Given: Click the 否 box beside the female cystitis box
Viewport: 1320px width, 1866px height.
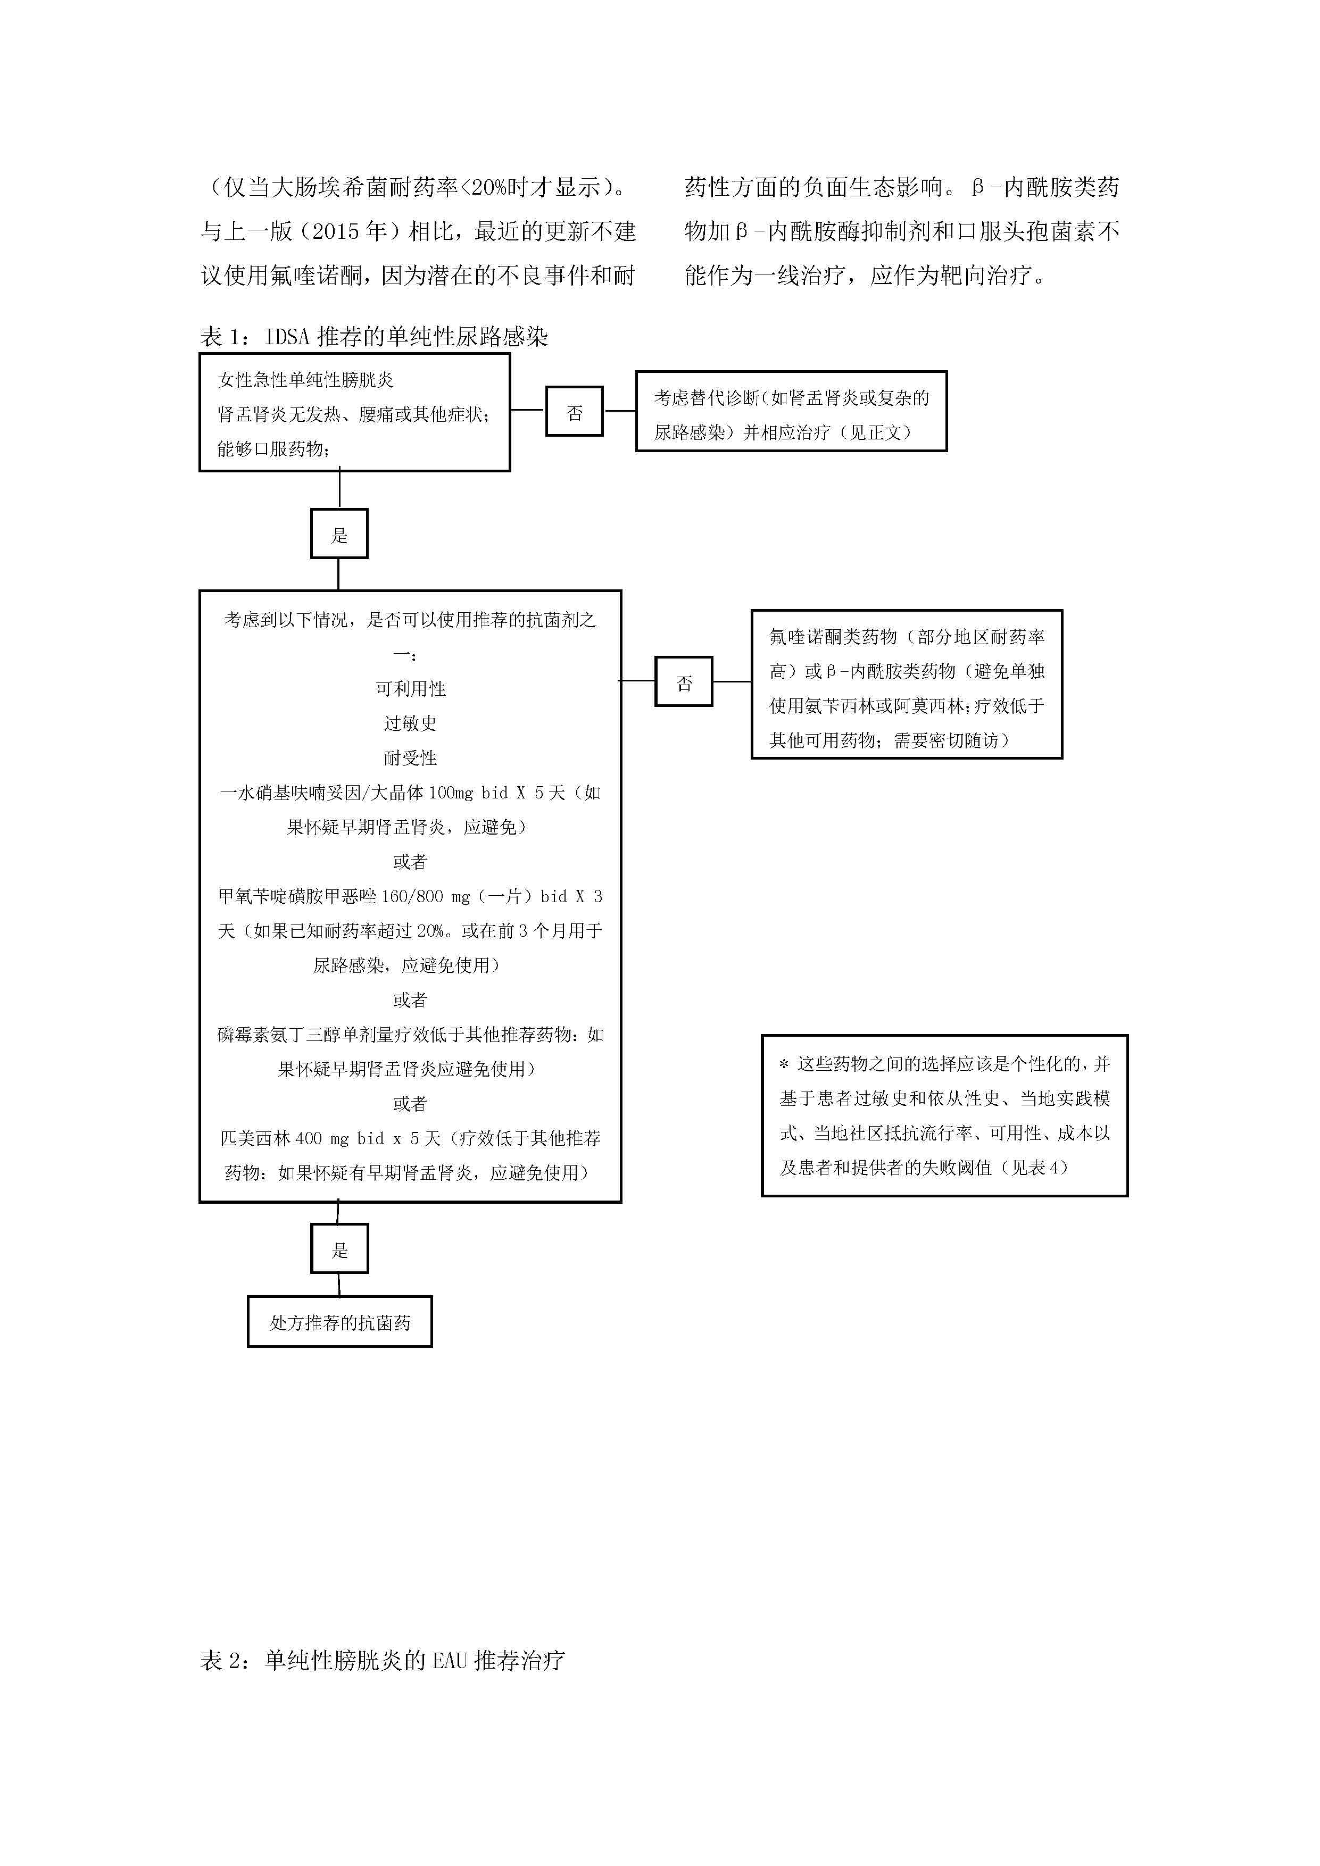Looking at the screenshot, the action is pyautogui.click(x=574, y=411).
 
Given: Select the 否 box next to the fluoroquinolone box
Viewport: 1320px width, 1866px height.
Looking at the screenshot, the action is pyautogui.click(x=684, y=681).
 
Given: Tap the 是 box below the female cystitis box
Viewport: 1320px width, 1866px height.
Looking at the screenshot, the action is pyautogui.click(x=339, y=533).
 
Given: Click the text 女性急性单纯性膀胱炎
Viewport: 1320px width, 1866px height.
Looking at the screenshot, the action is pyautogui.click(x=305, y=380).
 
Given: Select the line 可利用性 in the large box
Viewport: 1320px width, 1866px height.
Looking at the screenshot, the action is pyautogui.click(x=410, y=688).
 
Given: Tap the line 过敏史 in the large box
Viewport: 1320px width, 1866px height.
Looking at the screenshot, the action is pyautogui.click(x=410, y=722).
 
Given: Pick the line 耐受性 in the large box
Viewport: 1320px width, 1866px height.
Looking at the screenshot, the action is pyautogui.click(x=410, y=757).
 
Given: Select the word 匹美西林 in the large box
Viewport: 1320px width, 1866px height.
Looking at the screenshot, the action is pyautogui.click(x=255, y=1138).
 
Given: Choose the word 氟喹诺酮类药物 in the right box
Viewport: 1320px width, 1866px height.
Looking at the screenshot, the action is pyautogui.click(x=833, y=636).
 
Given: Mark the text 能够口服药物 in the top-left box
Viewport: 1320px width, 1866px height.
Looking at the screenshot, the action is pyautogui.click(x=270, y=448).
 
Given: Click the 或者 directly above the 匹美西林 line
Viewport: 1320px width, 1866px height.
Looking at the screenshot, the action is pyautogui.click(x=410, y=1103).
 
